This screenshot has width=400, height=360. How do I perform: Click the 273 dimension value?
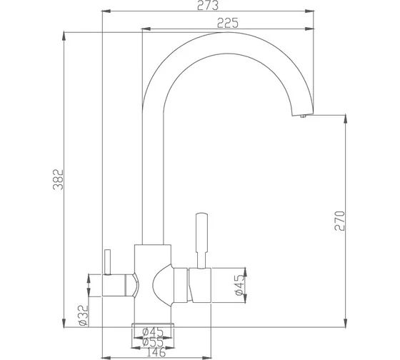[x=208, y=5]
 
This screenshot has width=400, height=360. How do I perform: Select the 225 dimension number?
[x=228, y=23]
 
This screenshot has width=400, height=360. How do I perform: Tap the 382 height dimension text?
[x=58, y=179]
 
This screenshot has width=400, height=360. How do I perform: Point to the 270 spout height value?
[x=339, y=221]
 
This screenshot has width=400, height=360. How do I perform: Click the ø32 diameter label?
[x=84, y=316]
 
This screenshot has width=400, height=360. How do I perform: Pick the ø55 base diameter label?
[x=153, y=342]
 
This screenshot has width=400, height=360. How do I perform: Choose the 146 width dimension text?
[x=156, y=352]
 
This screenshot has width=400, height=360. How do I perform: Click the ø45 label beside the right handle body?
[x=240, y=285]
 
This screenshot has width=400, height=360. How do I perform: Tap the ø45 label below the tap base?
[x=153, y=332]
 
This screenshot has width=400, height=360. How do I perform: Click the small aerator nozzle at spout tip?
[x=303, y=116]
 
